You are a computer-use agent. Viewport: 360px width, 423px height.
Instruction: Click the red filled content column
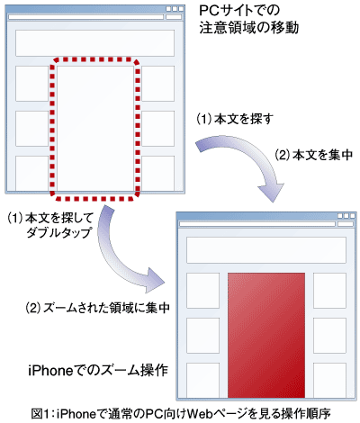266,335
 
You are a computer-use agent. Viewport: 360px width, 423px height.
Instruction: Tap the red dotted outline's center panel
95,129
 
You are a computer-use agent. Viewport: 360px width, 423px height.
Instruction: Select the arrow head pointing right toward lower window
155,280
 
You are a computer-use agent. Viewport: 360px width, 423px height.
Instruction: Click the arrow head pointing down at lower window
271,192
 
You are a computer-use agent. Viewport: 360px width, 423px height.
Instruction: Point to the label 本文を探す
235,119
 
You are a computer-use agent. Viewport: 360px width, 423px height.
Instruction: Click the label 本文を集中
314,155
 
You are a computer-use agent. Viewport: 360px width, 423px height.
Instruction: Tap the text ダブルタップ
58,232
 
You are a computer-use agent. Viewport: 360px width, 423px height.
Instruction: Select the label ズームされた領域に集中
98,308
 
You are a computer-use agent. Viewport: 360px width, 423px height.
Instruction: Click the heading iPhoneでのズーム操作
98,371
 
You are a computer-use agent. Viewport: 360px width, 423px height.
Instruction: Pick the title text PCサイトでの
239,11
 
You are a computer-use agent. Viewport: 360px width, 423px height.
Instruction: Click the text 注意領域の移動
249,28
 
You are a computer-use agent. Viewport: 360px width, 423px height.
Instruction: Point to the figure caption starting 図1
181,414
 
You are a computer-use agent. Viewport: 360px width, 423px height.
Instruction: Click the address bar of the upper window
85,17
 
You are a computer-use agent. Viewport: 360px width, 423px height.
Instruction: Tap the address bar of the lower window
257,224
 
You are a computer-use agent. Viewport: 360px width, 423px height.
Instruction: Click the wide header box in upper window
94,43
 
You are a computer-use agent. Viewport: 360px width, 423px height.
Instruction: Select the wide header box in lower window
266,250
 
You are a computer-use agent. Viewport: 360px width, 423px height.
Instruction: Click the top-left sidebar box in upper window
31,84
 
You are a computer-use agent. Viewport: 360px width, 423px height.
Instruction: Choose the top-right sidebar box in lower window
329,291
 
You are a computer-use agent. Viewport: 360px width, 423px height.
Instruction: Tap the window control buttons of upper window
175,9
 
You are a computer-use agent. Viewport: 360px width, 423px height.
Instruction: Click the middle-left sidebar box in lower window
202,336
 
